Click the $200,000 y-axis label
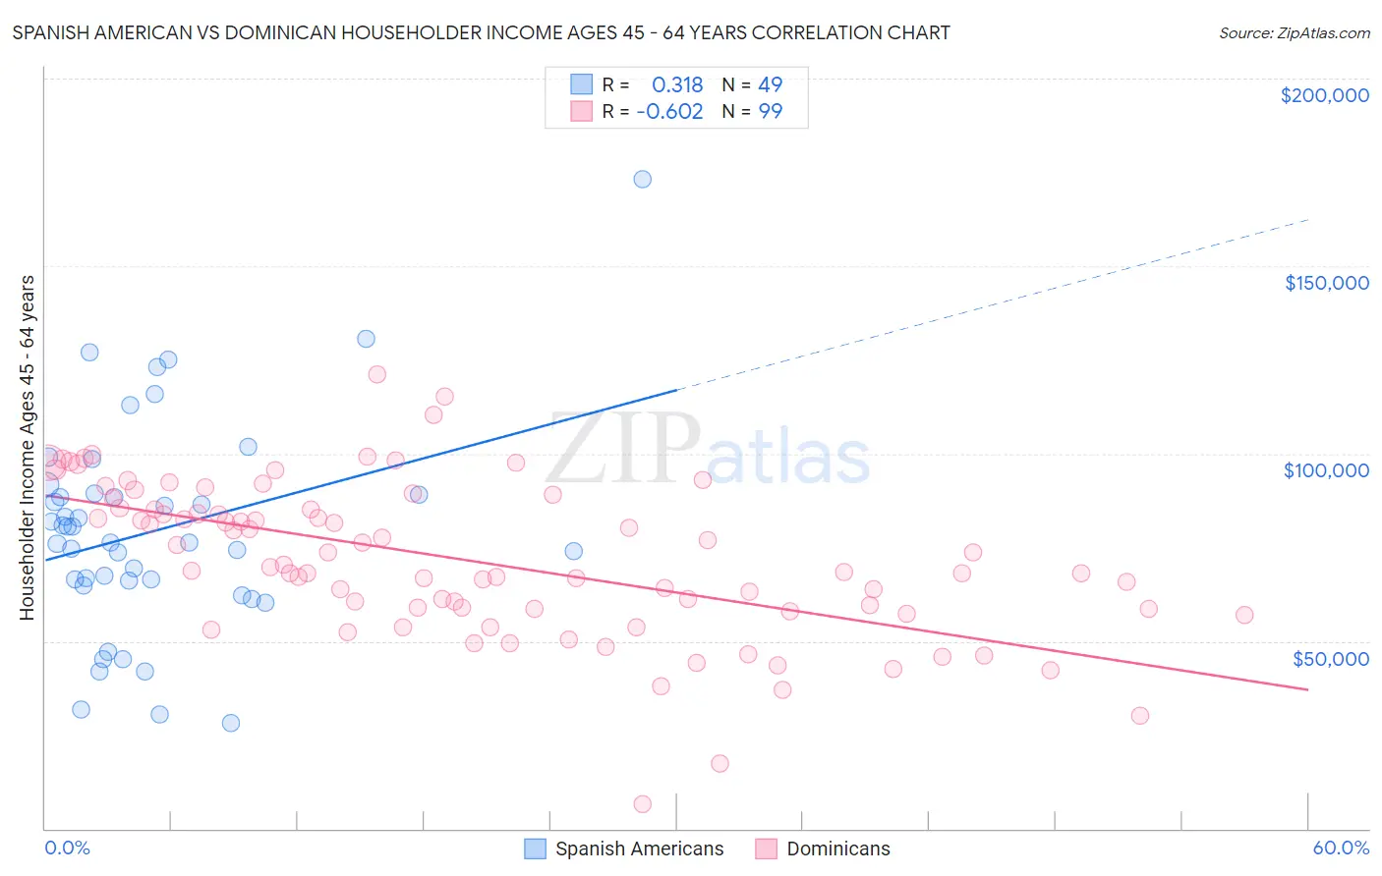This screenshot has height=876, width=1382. tap(1324, 95)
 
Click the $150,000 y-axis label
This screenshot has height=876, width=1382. tap(1326, 283)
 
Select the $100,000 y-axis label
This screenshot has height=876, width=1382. tap(1326, 470)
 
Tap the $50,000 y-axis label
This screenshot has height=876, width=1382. tap(1330, 658)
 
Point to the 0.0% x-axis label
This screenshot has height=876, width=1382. tap(67, 848)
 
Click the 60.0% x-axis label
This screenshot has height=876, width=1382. tap(1341, 848)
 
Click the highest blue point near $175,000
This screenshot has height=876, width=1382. tap(642, 179)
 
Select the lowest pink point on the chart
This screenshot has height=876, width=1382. tap(643, 804)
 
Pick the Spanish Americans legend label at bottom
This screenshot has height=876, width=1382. tap(639, 849)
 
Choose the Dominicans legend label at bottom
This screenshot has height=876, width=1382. tap(837, 849)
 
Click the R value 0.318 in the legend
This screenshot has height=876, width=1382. tap(677, 85)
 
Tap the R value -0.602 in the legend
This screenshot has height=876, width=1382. tap(669, 112)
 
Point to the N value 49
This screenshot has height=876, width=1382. tap(770, 85)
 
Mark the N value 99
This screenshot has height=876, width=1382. tap(770, 112)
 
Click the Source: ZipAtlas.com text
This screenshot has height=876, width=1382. tap(1294, 33)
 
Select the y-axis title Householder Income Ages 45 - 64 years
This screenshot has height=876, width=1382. tap(27, 448)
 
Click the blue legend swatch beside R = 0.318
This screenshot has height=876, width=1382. tap(582, 84)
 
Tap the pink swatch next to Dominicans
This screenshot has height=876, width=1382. tap(766, 849)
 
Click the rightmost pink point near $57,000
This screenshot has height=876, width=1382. tap(1244, 615)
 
